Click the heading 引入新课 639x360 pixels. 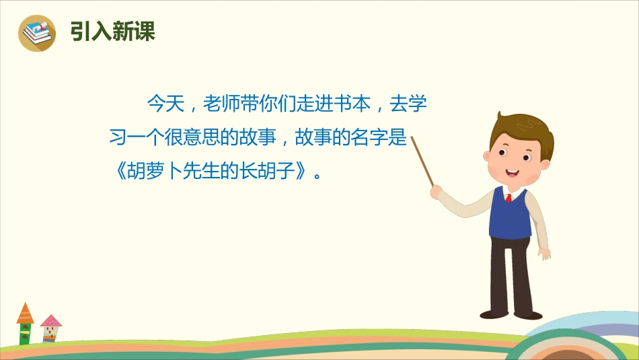click(113, 32)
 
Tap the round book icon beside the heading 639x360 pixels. click(37, 32)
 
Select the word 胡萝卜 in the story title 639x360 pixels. click(156, 172)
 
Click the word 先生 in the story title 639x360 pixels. click(211, 172)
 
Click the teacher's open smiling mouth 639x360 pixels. click(512, 173)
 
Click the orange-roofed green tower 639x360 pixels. click(25, 324)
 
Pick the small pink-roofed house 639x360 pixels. click(50, 328)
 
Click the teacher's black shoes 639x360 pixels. click(511, 314)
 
